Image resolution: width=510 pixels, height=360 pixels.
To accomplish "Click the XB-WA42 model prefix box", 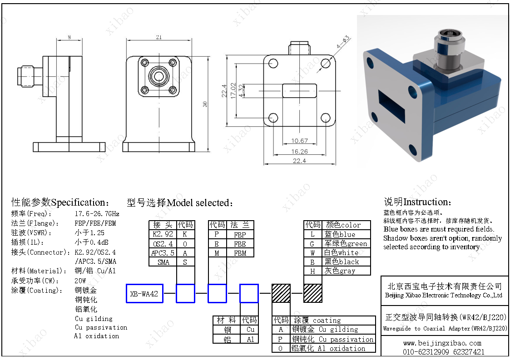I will (144, 294).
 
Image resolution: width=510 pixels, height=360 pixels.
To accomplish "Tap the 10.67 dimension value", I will (300, 141).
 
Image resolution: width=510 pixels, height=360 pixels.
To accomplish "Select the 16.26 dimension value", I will (300, 152).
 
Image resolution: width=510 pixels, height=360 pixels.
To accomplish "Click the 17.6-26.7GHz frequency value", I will (97, 213).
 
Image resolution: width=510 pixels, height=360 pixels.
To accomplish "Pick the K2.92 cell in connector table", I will (163, 234).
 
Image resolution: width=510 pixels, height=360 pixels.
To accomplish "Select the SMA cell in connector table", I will (163, 262).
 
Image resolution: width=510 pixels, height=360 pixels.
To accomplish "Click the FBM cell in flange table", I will (240, 253).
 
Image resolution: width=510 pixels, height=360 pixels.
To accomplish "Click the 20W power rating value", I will (80, 281).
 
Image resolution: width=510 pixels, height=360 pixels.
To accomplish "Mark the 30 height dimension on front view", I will (205, 104).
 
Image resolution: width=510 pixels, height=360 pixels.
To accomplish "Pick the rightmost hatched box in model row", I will (313, 293).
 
